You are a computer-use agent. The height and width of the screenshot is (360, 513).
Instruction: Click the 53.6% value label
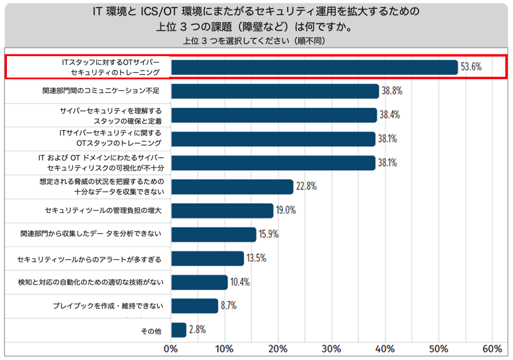click(x=471, y=67)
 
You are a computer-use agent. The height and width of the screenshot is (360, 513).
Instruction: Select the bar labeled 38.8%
click(x=274, y=91)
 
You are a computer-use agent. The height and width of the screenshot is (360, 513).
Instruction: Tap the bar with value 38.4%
click(x=273, y=115)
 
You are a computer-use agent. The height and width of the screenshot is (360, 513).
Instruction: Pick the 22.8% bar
click(x=232, y=187)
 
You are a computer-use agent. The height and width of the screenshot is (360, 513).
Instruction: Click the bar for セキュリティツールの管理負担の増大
click(x=222, y=211)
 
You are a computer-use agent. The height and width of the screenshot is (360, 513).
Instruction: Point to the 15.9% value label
click(x=270, y=234)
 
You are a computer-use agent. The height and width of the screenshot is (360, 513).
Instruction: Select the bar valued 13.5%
click(x=207, y=258)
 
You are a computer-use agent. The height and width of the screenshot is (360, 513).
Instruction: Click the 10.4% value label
click(x=240, y=282)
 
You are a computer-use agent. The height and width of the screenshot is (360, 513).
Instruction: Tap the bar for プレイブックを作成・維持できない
click(x=195, y=306)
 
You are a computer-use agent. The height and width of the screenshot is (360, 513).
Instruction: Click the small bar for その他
click(x=178, y=330)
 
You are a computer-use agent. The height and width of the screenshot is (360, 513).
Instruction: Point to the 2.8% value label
click(x=197, y=330)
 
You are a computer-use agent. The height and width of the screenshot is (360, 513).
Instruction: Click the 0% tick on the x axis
click(x=171, y=349)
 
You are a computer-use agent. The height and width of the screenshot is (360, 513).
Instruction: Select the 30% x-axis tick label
click(x=331, y=349)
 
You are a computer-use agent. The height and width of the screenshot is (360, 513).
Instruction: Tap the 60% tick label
click(x=492, y=349)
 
